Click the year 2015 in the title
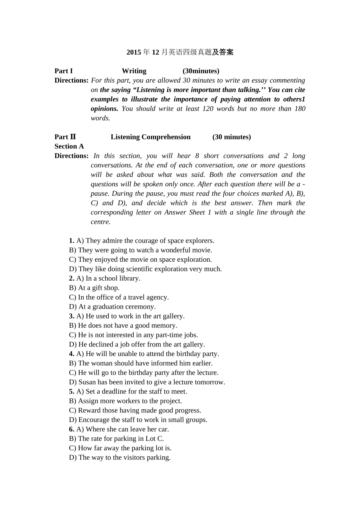133,52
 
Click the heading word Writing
134,71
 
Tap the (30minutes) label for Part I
201,71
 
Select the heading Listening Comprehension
150,137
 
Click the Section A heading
69,147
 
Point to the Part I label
63,71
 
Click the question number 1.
71,241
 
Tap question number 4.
71,354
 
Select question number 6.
71,429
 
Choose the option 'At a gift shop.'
99,288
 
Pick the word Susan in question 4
87,382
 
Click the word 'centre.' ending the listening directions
100,222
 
